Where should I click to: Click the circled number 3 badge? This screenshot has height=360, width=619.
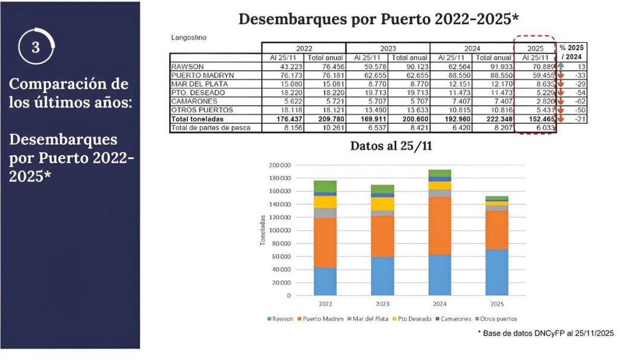[36, 47]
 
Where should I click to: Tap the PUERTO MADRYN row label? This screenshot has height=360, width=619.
[197, 76]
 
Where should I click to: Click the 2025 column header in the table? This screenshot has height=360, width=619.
[534, 48]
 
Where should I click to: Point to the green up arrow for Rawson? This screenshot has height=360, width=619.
[560, 66]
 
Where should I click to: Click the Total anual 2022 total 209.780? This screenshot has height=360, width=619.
[326, 119]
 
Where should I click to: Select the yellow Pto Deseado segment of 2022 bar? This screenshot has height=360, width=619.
[325, 202]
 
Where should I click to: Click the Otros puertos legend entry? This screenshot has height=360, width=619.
[496, 318]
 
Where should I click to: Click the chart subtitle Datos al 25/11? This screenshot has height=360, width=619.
[391, 146]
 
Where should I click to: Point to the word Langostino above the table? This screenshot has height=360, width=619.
[189, 37]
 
